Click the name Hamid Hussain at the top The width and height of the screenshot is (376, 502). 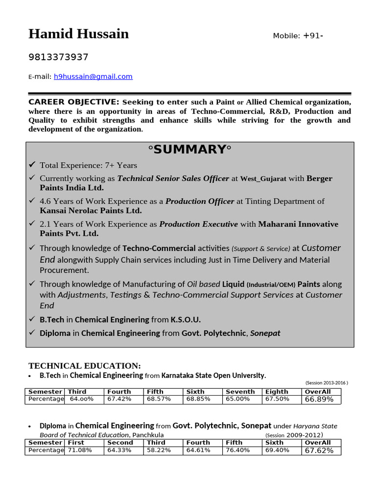(78, 34)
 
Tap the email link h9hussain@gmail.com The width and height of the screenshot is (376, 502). (93, 76)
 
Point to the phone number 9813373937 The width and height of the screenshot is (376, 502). (58, 57)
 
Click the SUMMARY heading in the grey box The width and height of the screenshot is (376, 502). (189, 150)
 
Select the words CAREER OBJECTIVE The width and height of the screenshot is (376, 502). (73, 102)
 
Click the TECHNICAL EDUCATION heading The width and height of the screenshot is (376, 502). (84, 366)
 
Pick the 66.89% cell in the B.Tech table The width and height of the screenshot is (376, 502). (319, 400)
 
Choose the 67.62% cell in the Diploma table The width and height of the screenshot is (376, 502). (319, 451)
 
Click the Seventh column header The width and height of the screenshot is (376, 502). (240, 392)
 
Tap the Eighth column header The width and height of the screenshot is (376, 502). (277, 392)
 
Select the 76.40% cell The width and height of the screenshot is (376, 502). (237, 450)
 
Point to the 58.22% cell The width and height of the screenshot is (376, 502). (159, 450)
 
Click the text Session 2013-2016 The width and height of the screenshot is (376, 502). (327, 383)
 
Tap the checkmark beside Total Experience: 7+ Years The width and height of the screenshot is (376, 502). (32, 165)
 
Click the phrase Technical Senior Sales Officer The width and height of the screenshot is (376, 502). (173, 178)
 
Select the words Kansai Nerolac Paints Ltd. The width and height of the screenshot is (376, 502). (91, 211)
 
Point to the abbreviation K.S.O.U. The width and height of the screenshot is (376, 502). (186, 320)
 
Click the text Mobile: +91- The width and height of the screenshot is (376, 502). (298, 36)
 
